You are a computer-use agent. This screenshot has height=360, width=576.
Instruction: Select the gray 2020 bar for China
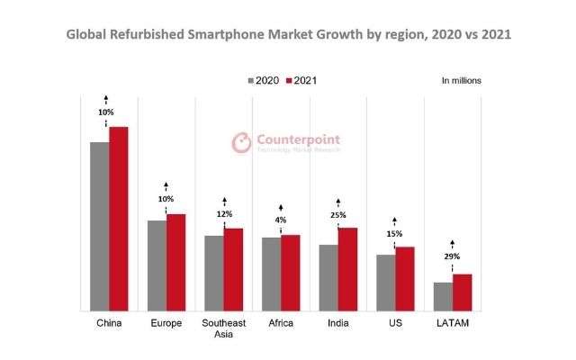(99, 226)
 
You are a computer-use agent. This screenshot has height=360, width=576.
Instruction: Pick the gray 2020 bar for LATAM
(443, 296)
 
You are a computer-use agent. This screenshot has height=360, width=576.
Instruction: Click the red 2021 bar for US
(405, 278)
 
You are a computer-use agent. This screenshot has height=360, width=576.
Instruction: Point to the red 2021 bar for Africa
(290, 273)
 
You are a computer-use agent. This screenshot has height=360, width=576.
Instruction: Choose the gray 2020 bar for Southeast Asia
(214, 273)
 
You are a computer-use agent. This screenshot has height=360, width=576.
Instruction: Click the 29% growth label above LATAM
(452, 256)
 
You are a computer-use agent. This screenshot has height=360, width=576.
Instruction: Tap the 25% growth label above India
(337, 214)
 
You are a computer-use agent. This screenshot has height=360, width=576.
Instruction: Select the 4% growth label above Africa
(281, 220)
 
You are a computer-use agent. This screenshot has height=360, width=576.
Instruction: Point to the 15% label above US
(395, 234)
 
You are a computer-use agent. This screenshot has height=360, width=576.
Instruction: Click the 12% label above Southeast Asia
(224, 214)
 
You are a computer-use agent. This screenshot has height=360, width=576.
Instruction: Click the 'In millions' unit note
(462, 81)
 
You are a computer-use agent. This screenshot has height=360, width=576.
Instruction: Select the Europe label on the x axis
(166, 323)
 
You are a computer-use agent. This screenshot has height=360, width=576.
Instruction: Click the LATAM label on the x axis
(452, 323)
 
